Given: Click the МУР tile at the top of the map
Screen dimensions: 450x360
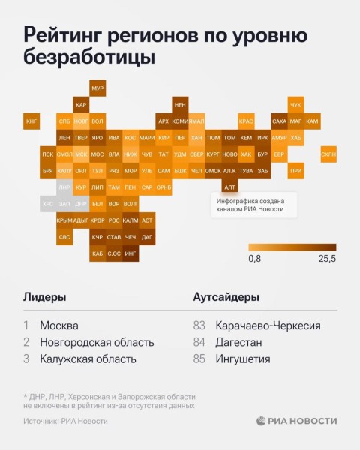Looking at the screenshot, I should (97, 88).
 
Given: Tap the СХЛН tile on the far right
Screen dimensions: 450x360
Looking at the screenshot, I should (328, 154).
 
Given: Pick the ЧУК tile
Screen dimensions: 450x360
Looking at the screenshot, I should (295, 105).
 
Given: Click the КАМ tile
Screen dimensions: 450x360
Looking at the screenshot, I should (313, 121).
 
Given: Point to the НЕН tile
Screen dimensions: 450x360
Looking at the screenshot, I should (180, 105).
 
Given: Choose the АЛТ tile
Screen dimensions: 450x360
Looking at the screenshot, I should (229, 187).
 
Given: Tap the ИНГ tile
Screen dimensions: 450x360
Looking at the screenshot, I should (130, 254).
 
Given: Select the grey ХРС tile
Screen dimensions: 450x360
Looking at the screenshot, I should (48, 204).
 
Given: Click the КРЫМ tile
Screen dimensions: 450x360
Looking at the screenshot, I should (64, 220).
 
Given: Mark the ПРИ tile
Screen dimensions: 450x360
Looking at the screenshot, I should (295, 171).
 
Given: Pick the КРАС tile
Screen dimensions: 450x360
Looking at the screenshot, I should (246, 121).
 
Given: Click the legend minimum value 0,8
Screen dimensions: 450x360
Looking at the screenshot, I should (255, 259).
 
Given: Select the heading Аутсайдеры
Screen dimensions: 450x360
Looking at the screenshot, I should (226, 296).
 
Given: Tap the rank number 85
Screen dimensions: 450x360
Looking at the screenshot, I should (199, 358).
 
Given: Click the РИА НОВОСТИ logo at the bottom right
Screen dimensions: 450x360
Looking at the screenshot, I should (296, 421).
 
